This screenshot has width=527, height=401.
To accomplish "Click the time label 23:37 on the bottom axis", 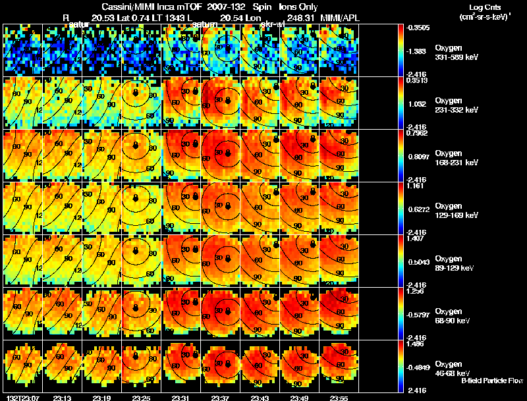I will [221, 398].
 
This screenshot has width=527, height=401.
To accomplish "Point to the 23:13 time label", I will [62, 398].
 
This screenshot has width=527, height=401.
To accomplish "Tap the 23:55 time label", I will [341, 398].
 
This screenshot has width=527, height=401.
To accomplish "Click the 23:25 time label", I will [142, 398].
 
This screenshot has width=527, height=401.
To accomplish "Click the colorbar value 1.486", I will [414, 344].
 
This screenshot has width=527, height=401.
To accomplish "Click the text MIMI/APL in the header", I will [341, 16].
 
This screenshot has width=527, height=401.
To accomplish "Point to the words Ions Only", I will [302, 6].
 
